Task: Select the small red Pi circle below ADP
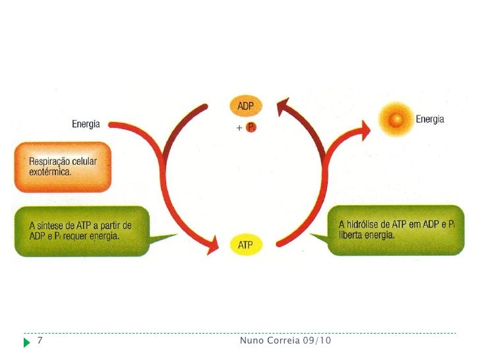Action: pyautogui.click(x=250, y=128)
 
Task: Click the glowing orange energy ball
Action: pyautogui.click(x=397, y=119)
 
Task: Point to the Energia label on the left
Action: pyautogui.click(x=86, y=124)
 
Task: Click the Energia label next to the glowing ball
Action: pyautogui.click(x=429, y=119)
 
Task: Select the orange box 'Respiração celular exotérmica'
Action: pyautogui.click(x=63, y=167)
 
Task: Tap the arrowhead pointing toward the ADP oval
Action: pyautogui.click(x=284, y=107)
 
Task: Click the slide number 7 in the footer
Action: pyautogui.click(x=40, y=341)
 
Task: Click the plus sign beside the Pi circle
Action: pyautogui.click(x=239, y=129)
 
